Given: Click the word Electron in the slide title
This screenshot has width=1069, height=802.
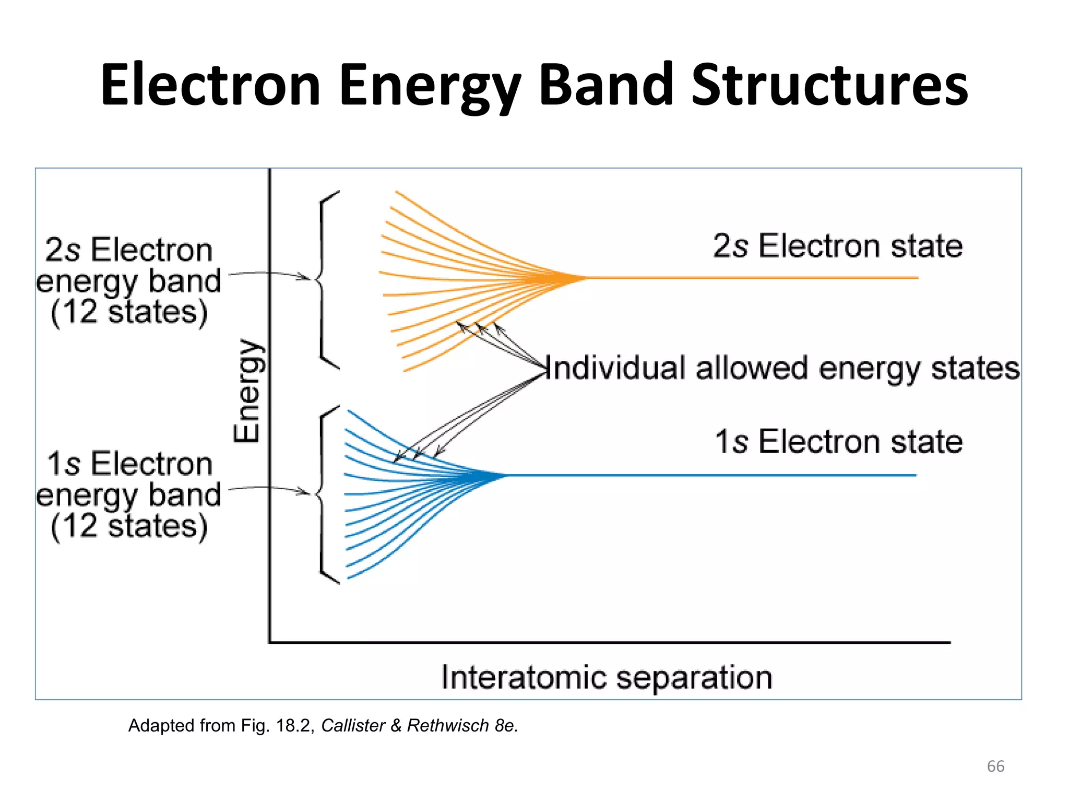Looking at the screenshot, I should (210, 85).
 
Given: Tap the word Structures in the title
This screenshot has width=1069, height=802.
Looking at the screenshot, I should (830, 85).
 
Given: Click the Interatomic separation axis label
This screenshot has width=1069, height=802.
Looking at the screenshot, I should (607, 677).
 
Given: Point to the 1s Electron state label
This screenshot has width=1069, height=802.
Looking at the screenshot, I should (838, 442).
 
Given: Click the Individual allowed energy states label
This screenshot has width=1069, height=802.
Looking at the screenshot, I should (783, 368).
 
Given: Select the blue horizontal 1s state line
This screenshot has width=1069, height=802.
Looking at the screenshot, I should (710, 475).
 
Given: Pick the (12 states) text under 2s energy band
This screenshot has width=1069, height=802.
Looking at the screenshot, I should (129, 312).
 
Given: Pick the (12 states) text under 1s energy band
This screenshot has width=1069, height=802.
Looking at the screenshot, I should (129, 526).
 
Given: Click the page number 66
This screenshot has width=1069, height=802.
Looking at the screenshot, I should (995, 766).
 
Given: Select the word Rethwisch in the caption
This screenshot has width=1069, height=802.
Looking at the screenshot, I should (448, 725).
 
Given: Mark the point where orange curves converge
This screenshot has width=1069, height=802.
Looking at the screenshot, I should (582, 278).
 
